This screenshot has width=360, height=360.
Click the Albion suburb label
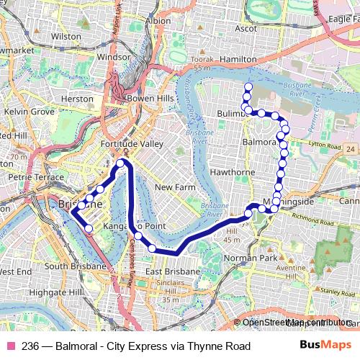pos(158,21)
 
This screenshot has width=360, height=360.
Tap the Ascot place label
pos(246,29)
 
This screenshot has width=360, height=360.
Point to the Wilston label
pos(66,35)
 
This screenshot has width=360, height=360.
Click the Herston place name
pos(77,99)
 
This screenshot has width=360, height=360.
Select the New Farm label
pos(175,187)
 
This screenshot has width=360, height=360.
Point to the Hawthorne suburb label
pos(233,172)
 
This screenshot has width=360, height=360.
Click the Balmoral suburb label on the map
pos(260,142)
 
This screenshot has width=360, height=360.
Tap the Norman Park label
pos(251,258)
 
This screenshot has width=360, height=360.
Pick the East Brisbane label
pos(172,271)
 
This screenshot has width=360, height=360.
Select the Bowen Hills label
pos(148,98)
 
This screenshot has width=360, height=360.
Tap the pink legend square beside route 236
pos(10,346)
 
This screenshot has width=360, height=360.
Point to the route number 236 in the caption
pos(31,346)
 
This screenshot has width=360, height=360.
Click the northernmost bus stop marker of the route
pos(248,87)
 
